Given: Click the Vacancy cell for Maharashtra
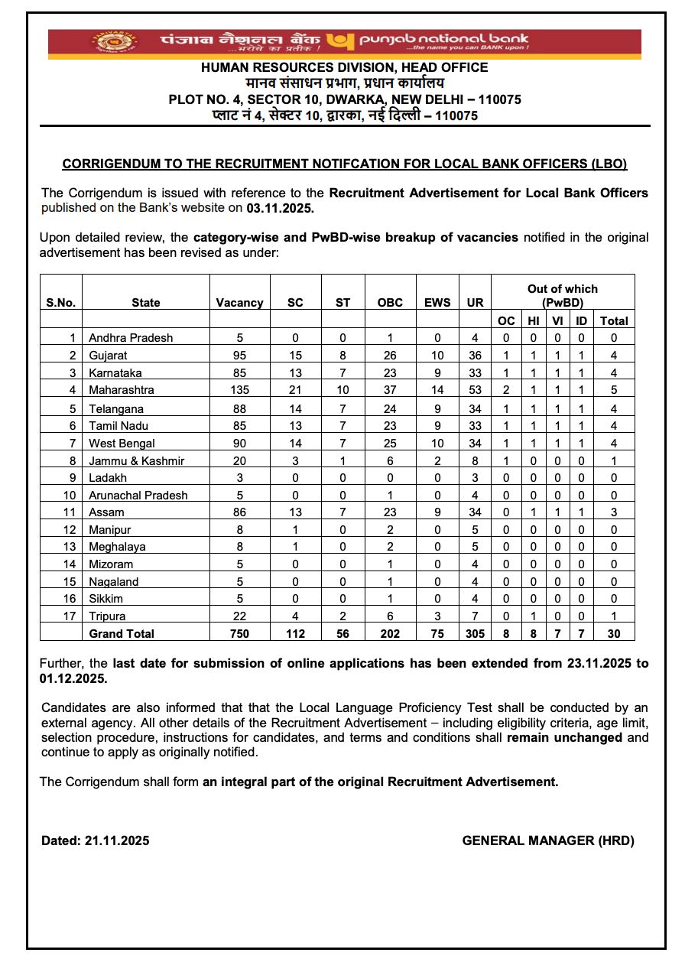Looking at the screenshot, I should tap(239, 390).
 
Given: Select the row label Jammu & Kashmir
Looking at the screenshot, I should tap(136, 460).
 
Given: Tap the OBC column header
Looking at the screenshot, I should tap(390, 302).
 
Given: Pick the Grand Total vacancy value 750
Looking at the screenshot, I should tap(239, 633).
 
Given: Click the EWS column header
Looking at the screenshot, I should tap(437, 302).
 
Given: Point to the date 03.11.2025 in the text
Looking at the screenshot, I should tap(280, 207).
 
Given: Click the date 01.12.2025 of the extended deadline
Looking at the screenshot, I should tap(74, 678).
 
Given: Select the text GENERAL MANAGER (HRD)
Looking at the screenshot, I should tap(548, 840).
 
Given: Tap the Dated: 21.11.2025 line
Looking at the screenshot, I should tap(96, 840).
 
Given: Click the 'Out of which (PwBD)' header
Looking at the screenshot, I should tap(563, 295).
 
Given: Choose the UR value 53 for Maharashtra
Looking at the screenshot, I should tap(475, 390).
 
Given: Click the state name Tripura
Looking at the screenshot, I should tap(107, 616).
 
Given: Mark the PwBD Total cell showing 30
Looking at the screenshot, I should tap(614, 633).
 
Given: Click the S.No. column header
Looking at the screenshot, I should tap(61, 302).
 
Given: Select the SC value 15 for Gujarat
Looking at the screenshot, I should tap(295, 356).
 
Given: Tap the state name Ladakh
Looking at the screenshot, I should tap(108, 478).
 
